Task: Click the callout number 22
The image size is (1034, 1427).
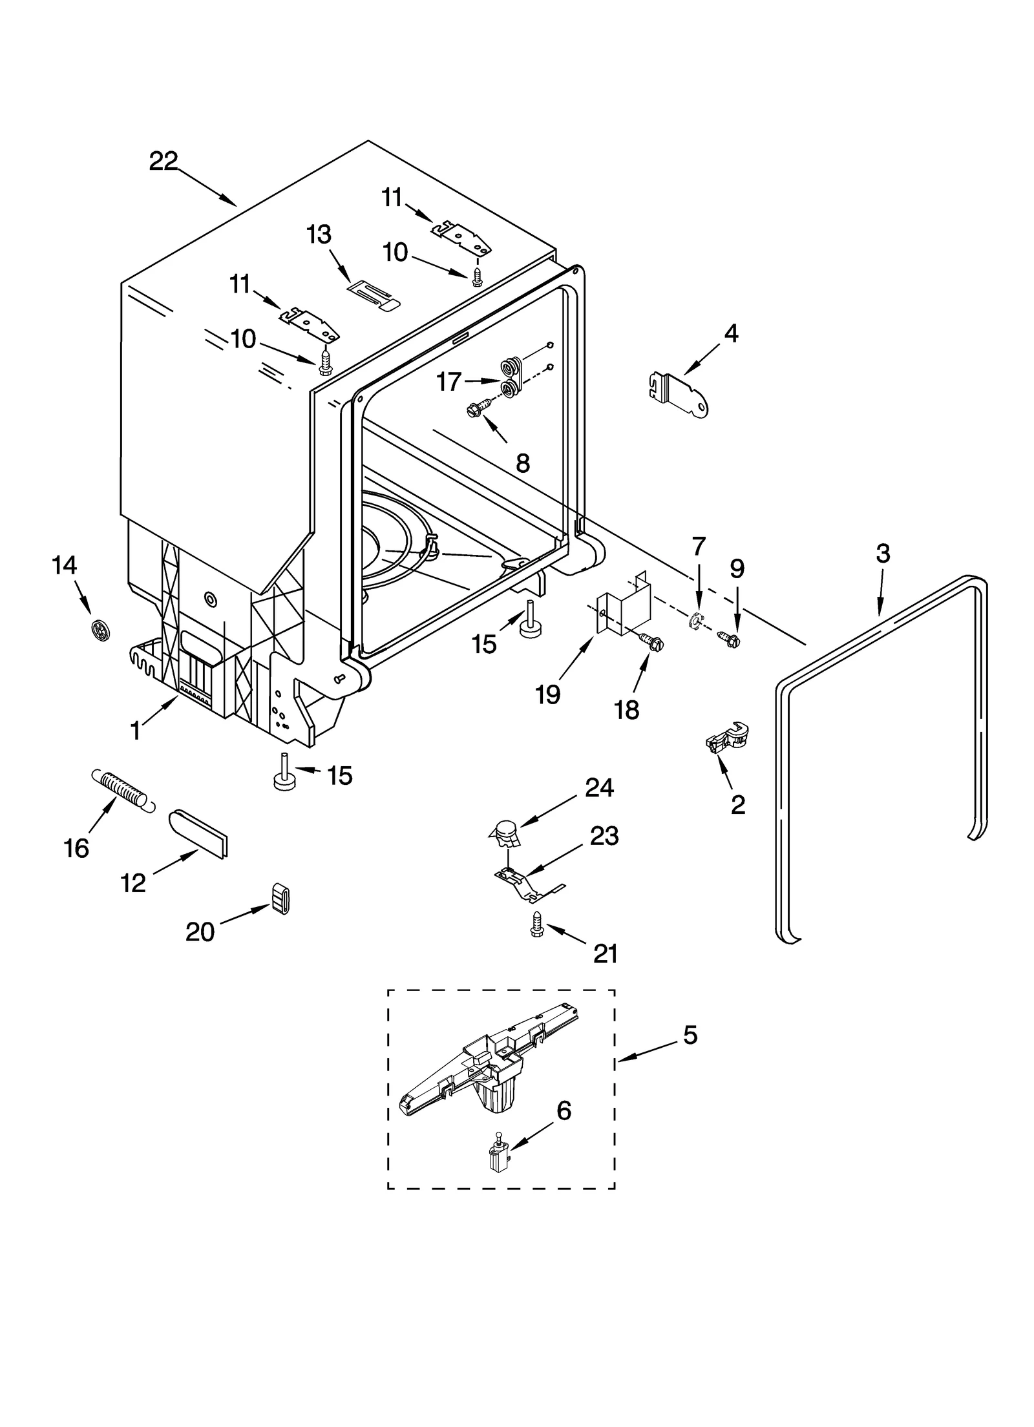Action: [x=163, y=161]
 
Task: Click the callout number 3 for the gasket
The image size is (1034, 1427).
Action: [x=883, y=554]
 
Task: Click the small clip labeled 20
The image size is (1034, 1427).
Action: [x=280, y=898]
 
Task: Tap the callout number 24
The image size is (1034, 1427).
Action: [x=599, y=788]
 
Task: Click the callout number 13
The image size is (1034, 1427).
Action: [x=319, y=235]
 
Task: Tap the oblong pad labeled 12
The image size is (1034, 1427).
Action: [x=199, y=828]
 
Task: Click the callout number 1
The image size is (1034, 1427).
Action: [x=135, y=731]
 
